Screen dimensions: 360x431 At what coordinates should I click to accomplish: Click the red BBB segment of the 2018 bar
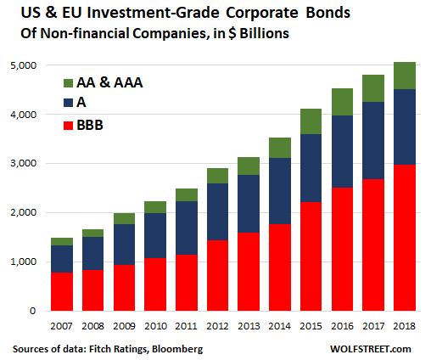(404, 238)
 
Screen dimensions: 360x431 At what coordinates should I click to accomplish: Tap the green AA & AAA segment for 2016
(341, 102)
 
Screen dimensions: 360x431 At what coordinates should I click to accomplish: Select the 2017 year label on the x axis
(372, 324)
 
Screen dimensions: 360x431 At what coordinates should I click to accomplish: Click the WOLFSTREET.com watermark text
(378, 349)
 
